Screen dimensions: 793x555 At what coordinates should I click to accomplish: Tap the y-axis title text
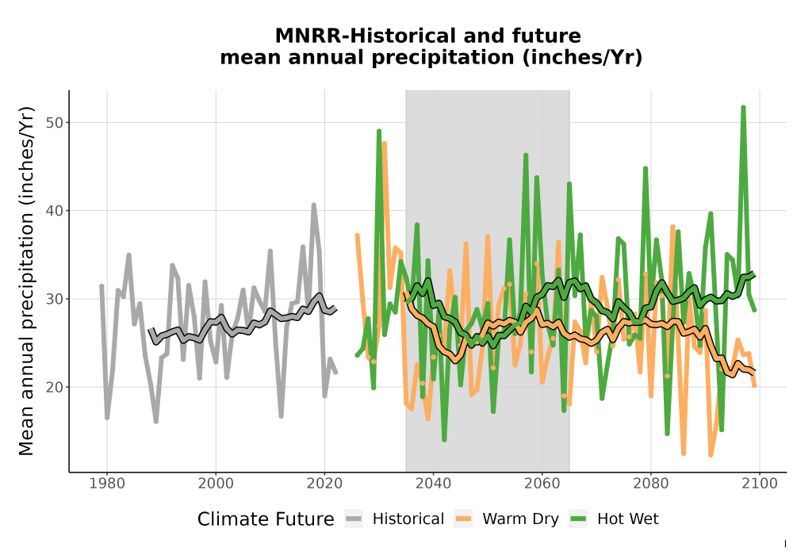[26, 281]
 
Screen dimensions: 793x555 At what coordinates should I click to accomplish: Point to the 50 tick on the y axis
[56, 123]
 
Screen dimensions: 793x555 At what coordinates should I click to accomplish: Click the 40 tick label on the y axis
[56, 211]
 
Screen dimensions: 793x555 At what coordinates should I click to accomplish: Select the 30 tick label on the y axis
[56, 299]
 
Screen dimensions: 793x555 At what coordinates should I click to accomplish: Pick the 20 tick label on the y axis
[56, 387]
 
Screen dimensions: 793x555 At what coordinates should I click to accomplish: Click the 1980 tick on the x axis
[107, 484]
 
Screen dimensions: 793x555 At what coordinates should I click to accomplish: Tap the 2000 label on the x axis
[216, 484]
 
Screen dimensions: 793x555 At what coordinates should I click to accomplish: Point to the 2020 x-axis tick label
[324, 484]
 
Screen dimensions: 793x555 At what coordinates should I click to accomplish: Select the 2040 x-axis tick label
[434, 484]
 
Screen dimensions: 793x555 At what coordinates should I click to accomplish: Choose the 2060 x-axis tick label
[542, 484]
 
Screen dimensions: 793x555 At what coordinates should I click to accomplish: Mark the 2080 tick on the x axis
[651, 484]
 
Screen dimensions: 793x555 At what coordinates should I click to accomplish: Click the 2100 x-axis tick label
[760, 484]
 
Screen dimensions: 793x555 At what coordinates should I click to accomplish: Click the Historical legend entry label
[408, 519]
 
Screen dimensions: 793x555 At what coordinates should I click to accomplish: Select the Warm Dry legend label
[520, 519]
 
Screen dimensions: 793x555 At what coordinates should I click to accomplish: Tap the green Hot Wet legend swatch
[578, 519]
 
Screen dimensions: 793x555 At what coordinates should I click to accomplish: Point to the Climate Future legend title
[266, 519]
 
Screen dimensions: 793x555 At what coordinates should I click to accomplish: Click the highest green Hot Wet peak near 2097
[744, 107]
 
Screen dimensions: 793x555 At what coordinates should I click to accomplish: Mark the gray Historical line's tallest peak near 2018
[313, 205]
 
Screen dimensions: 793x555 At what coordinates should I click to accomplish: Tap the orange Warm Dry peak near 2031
[385, 144]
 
